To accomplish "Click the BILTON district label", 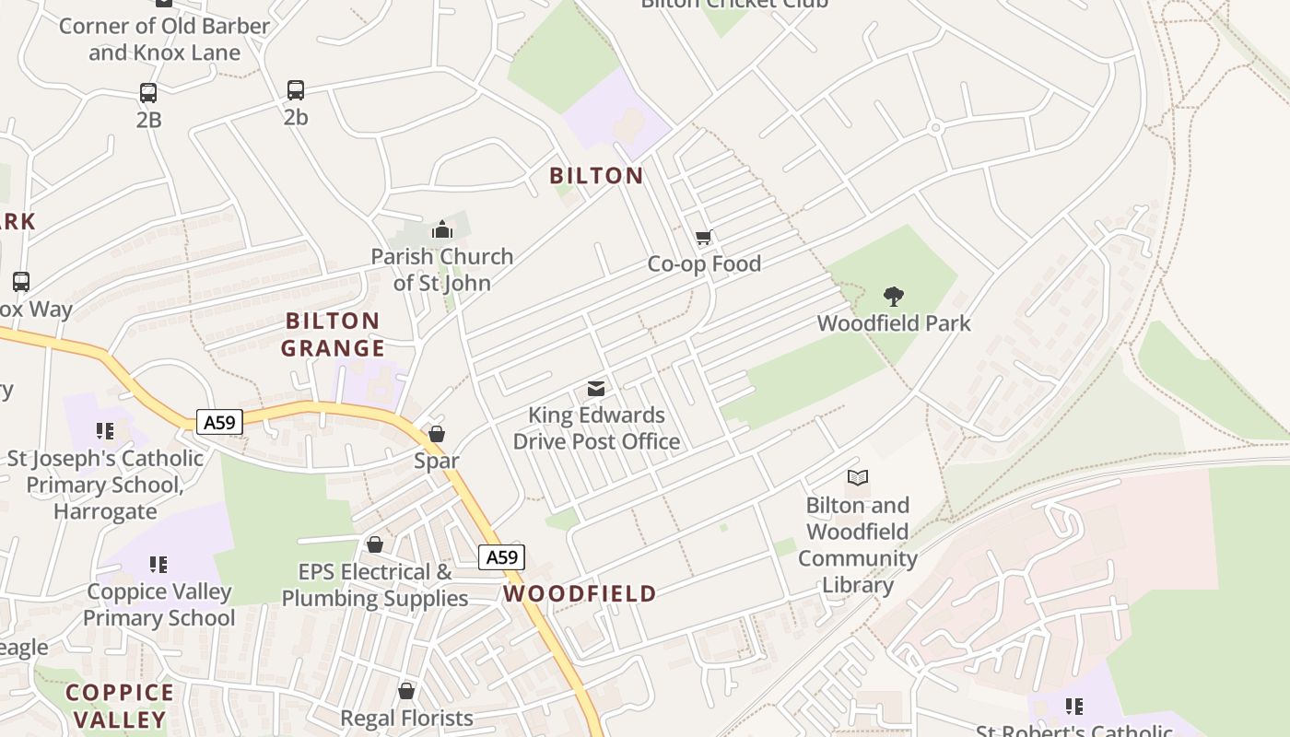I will pos(596,175).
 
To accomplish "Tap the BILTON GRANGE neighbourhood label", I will pos(333,334).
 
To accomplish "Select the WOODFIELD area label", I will pos(580,593).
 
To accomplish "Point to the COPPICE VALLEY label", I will pos(120,706).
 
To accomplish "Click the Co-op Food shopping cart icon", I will pos(704,238).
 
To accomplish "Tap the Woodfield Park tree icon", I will pos(893,297).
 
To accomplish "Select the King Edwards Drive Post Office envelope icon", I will pos(596,389).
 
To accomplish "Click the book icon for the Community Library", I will pos(857,478).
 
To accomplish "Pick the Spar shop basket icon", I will pos(437,434).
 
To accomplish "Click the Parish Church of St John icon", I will pos(442,229).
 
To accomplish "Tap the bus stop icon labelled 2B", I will pos(148,93).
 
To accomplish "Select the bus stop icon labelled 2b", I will pos(295,90).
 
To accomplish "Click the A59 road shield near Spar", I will pos(219,423).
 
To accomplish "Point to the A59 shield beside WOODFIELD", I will pos(501,557).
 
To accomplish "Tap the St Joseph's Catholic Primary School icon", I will pos(105,430).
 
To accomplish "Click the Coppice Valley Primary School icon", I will pos(158,564).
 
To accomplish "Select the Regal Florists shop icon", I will pos(406,691).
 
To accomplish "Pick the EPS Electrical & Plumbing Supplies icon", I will pos(374,544).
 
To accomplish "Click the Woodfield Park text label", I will pos(893,323).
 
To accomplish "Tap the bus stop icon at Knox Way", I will pos(20,282).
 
